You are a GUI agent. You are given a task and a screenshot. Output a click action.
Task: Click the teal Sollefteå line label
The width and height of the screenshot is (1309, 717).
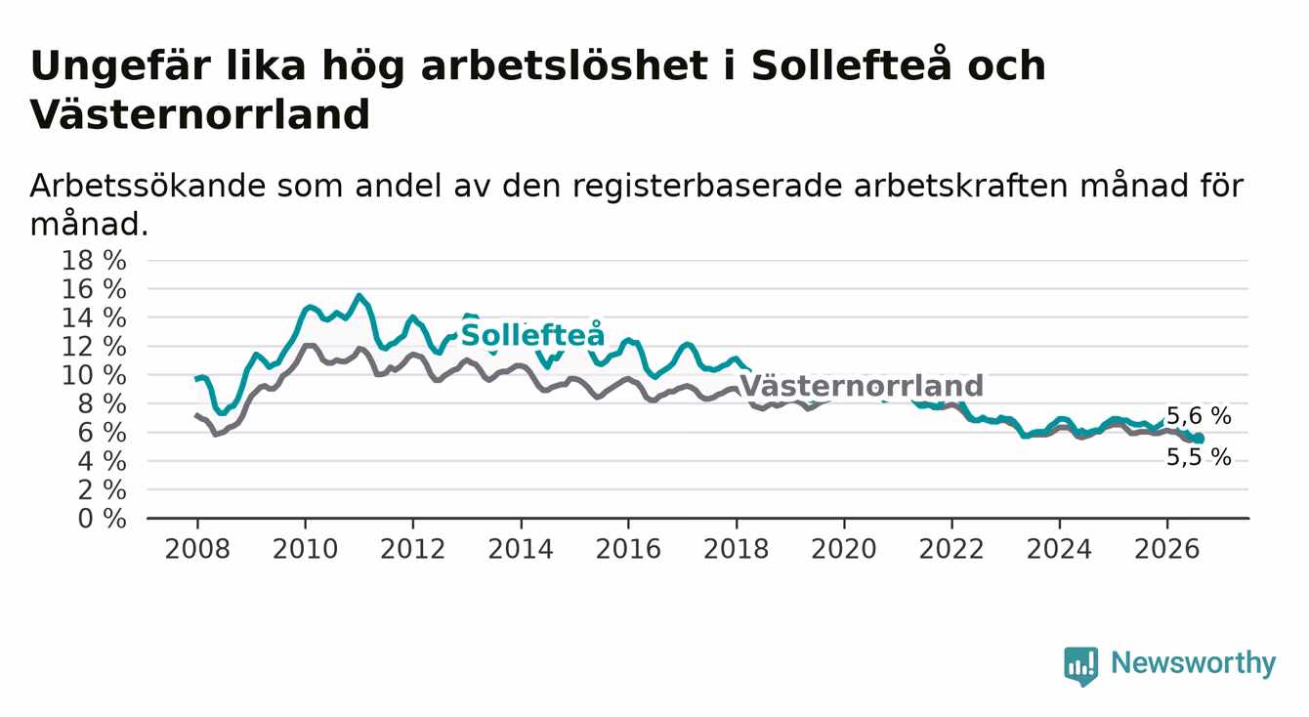click(532, 335)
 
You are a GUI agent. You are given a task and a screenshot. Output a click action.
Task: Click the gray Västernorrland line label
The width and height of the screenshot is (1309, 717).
click(862, 386)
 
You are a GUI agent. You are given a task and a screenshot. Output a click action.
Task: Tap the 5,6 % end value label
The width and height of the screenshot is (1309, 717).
click(1199, 416)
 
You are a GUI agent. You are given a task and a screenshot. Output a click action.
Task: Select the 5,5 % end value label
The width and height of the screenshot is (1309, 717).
click(1199, 457)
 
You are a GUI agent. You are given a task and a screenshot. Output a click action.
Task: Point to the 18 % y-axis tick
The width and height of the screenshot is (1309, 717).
click(94, 260)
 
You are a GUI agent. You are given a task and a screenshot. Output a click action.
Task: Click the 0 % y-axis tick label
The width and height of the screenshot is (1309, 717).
click(102, 519)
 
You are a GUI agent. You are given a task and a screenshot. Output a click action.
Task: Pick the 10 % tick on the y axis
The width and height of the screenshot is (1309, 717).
click(94, 375)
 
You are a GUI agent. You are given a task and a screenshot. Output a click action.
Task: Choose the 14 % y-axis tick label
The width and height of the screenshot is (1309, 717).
click(94, 317)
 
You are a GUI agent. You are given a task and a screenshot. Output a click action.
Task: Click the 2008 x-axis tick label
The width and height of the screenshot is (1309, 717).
click(197, 549)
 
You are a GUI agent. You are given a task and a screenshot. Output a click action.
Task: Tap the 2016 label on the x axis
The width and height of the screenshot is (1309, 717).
click(628, 549)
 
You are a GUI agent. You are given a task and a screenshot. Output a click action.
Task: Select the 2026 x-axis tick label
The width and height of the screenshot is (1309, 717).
click(1167, 549)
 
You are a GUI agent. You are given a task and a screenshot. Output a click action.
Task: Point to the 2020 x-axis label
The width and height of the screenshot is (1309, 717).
click(844, 549)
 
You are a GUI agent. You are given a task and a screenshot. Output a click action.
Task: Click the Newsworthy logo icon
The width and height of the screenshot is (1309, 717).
click(1081, 666)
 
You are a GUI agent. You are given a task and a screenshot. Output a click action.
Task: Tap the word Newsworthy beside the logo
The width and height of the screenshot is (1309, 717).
click(1194, 663)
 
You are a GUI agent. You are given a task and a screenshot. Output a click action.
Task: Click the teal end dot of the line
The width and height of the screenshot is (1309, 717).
click(1199, 439)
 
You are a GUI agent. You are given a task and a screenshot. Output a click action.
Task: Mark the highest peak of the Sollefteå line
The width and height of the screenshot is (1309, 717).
click(359, 296)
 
